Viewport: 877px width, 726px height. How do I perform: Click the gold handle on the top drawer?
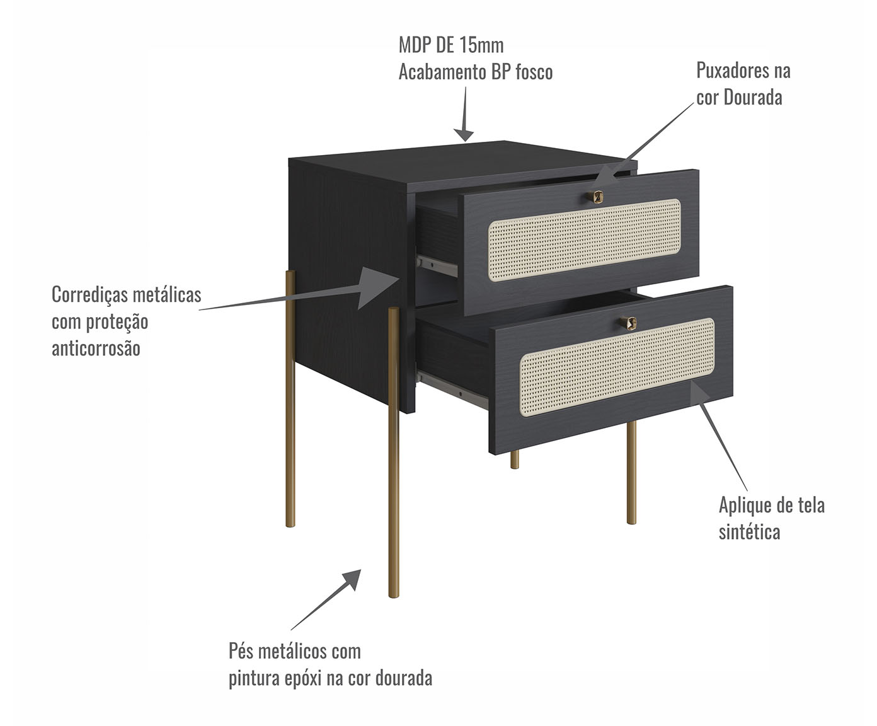coord(595,197)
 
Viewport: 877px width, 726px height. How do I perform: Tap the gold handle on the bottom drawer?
coord(628,323)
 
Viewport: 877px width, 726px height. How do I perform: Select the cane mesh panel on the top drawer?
coord(584,240)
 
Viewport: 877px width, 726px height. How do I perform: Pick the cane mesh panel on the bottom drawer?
coord(617,367)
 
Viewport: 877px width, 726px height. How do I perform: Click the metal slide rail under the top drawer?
coord(437,266)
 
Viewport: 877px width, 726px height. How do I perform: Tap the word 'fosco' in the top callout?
coord(534,72)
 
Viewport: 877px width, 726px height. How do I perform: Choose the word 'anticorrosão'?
coord(96,349)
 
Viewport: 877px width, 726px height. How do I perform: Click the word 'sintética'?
coord(749,532)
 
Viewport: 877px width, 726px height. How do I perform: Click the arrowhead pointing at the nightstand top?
coord(464,134)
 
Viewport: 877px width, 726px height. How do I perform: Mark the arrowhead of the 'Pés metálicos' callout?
coord(351,579)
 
